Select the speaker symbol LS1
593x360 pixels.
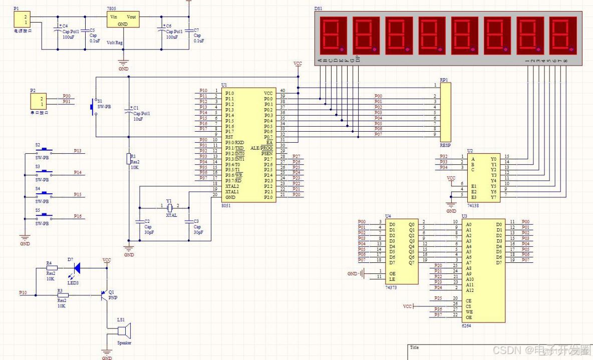(123, 331)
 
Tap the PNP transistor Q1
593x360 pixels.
(104, 295)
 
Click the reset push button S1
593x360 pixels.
(93, 107)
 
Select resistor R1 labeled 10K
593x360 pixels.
(129, 159)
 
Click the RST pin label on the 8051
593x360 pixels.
(229, 137)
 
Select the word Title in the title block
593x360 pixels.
(415, 347)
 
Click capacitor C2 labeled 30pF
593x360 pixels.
(139, 221)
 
